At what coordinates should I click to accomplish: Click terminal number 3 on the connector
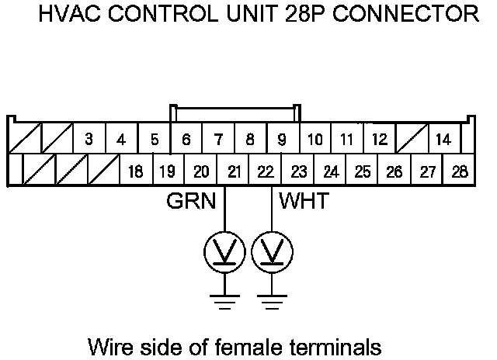coord(89,140)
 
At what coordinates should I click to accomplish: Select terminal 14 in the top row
coord(443,140)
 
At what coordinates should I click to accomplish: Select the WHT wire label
coord(304,202)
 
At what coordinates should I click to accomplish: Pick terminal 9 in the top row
coord(282,140)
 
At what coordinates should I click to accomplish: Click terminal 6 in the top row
coord(186,140)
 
